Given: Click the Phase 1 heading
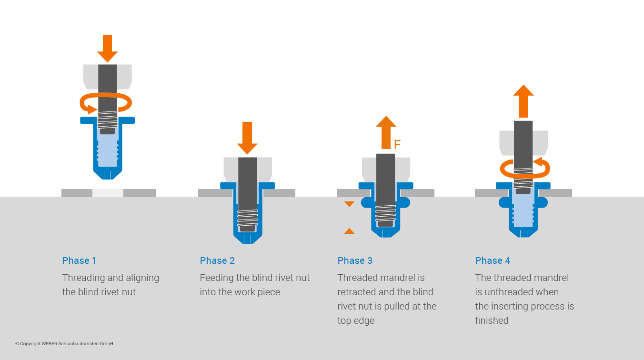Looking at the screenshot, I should tap(79, 260).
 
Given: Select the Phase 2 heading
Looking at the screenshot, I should tap(217, 260).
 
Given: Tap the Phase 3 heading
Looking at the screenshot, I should tap(355, 260).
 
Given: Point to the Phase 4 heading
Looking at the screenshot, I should tap(493, 260).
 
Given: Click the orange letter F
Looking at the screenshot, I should tap(398, 144).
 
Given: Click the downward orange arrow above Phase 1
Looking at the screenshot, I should tap(107, 48).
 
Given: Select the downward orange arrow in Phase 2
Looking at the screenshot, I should tap(247, 137).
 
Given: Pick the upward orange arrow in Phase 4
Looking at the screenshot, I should tap(523, 100).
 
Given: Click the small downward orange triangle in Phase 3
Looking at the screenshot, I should tap(349, 204).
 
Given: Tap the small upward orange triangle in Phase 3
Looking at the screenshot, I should tap(349, 231).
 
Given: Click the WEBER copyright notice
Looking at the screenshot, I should tap(64, 344).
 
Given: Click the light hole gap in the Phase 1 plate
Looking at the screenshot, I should tap(108, 193).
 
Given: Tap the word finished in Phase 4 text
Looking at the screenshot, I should tap(492, 320).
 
